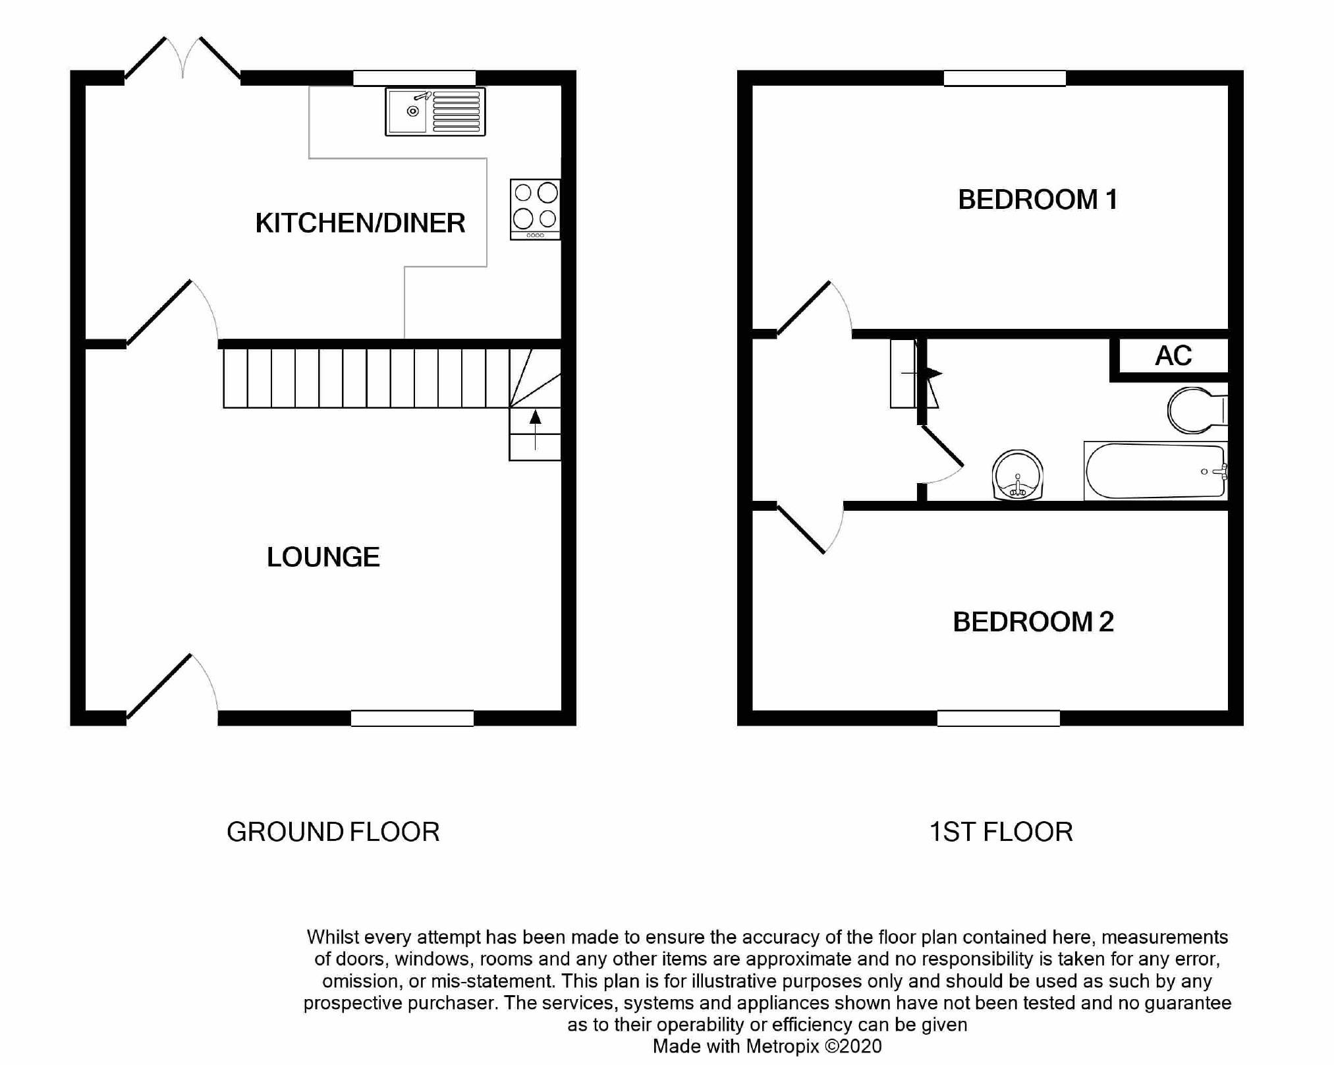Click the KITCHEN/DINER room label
360,223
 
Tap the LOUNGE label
323,557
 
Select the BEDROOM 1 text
1038,200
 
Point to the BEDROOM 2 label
1033,621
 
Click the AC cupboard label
1173,356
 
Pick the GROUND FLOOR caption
333,832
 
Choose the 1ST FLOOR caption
1001,832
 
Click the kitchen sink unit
435,112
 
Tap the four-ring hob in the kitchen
535,210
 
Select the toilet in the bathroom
1197,411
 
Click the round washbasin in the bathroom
1017,475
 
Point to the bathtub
1155,471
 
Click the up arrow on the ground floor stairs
535,429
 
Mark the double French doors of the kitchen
182,59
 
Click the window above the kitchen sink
414,78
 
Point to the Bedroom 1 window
1005,78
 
